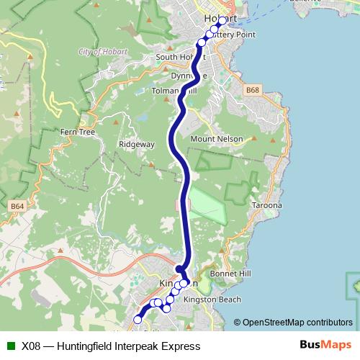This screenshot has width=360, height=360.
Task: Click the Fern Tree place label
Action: coord(73,132)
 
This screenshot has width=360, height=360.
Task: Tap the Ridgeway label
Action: coord(137,144)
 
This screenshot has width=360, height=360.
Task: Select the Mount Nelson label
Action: coord(216,139)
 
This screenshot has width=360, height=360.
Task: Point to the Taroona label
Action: coord(267,205)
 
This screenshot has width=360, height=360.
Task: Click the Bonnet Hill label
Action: coord(230,274)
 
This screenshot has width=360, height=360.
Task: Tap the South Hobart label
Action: coord(174,57)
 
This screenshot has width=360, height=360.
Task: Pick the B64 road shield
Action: coord(17,207)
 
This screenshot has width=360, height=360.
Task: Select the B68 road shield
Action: coord(251,91)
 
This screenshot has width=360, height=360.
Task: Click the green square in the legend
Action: coord(9,346)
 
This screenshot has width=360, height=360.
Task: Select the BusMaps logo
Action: coord(326,346)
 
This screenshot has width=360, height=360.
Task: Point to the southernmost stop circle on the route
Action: coord(138,319)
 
